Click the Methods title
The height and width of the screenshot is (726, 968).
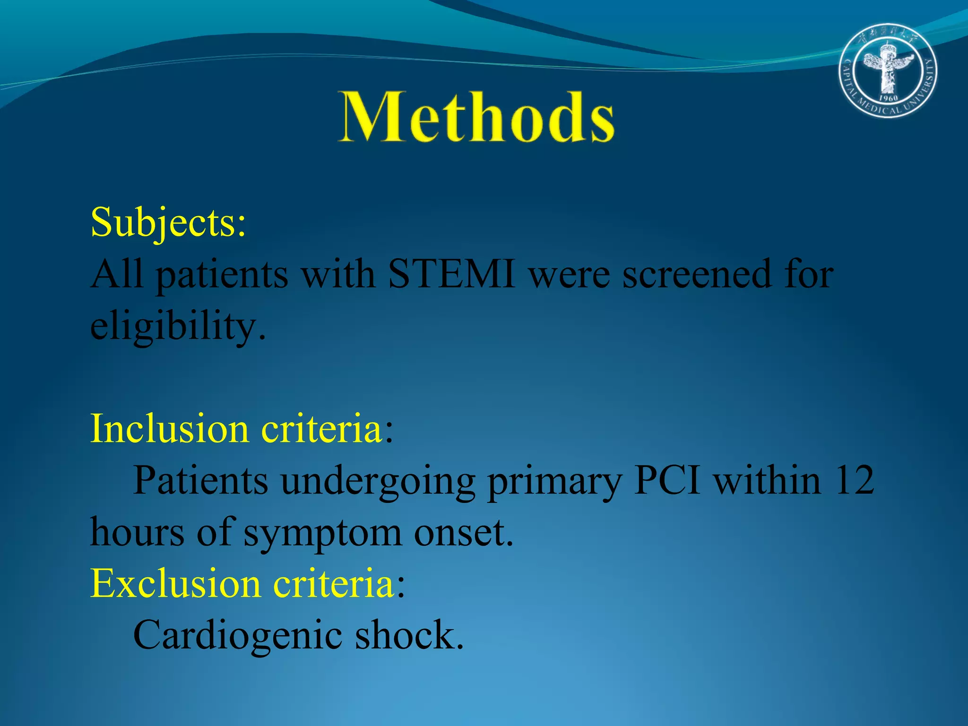(476, 117)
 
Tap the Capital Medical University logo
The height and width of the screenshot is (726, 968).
(888, 70)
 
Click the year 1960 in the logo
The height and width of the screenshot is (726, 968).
(888, 98)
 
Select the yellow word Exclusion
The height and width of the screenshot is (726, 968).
(175, 584)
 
